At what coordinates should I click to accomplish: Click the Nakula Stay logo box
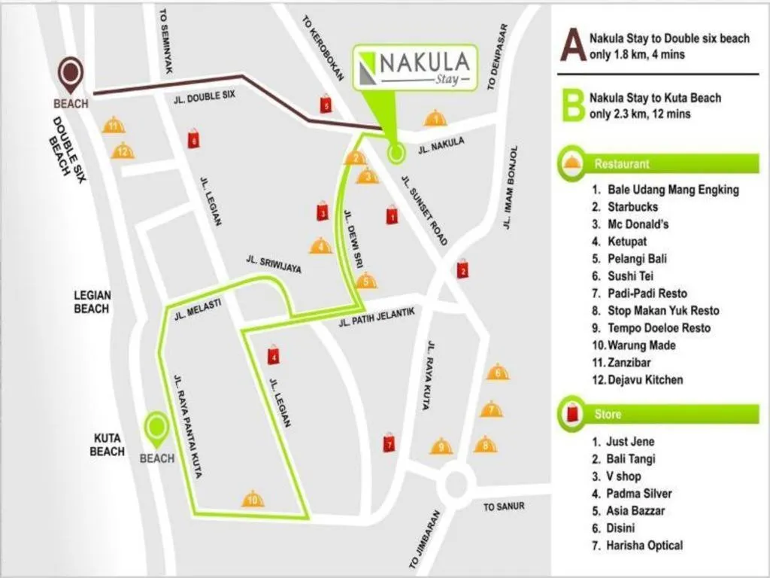click(416, 67)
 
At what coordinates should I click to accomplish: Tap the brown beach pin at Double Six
click(71, 73)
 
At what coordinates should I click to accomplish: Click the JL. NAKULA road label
click(441, 144)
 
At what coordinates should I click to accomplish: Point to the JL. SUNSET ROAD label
click(424, 211)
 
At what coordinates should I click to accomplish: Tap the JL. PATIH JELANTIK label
click(376, 317)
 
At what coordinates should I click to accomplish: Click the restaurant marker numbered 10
click(253, 498)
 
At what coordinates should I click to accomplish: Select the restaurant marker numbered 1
click(435, 118)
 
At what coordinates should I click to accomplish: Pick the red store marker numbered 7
click(389, 443)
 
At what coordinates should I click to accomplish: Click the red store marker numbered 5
click(326, 105)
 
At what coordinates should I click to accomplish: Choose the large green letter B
click(574, 106)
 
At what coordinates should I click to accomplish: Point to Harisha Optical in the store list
click(644, 546)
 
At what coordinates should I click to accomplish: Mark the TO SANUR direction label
click(504, 507)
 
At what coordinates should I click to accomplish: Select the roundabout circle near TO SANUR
click(456, 485)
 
